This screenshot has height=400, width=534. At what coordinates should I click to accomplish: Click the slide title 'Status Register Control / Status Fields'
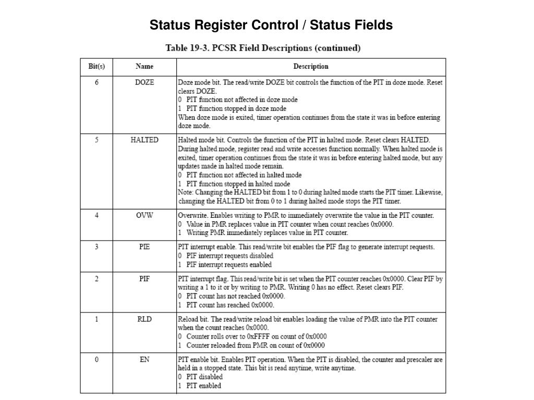(271, 25)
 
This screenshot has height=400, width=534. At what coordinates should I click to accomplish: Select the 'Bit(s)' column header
(96, 67)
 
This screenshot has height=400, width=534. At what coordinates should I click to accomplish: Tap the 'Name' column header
(144, 67)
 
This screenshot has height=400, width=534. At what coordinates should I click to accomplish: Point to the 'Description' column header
(311, 67)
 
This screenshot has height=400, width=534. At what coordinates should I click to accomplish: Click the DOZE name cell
(144, 82)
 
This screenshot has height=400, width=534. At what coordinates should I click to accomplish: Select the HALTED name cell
(144, 140)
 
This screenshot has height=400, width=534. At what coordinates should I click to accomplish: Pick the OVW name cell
(144, 215)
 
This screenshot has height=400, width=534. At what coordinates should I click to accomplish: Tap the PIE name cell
(144, 246)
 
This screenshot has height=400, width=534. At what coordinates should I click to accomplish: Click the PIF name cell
(144, 279)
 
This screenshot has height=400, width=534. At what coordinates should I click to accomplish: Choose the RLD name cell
(144, 319)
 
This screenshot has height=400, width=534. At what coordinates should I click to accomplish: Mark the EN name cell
(144, 359)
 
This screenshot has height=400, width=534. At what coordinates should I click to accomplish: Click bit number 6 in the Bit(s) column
(96, 82)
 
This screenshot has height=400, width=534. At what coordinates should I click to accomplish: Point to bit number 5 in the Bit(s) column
(96, 140)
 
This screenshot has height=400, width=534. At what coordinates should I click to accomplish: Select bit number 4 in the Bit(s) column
(96, 215)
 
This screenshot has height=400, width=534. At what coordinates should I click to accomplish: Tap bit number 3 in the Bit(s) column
(96, 246)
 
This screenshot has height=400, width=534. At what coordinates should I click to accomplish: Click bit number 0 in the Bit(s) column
(96, 359)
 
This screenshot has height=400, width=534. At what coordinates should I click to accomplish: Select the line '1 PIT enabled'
(200, 385)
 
